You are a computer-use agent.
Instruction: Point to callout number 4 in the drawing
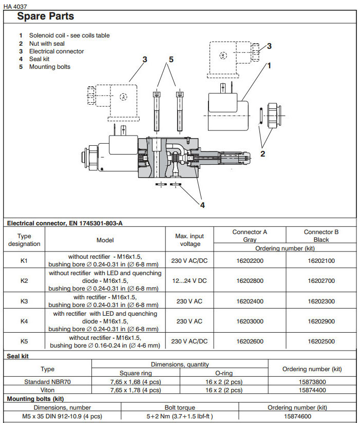(202, 205)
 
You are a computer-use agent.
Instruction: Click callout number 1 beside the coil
(269, 65)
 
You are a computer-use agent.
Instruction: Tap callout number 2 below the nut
(262, 153)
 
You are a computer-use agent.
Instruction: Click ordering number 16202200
(250, 261)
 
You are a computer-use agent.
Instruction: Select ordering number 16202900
(321, 321)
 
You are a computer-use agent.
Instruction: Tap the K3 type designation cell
(24, 301)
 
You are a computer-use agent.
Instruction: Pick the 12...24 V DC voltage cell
(190, 281)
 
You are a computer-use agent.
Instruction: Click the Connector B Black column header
(321, 236)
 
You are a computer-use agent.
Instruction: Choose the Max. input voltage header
(190, 240)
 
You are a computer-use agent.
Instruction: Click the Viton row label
(47, 390)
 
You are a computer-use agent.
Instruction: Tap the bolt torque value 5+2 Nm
(180, 416)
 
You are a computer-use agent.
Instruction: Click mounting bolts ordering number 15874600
(297, 416)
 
